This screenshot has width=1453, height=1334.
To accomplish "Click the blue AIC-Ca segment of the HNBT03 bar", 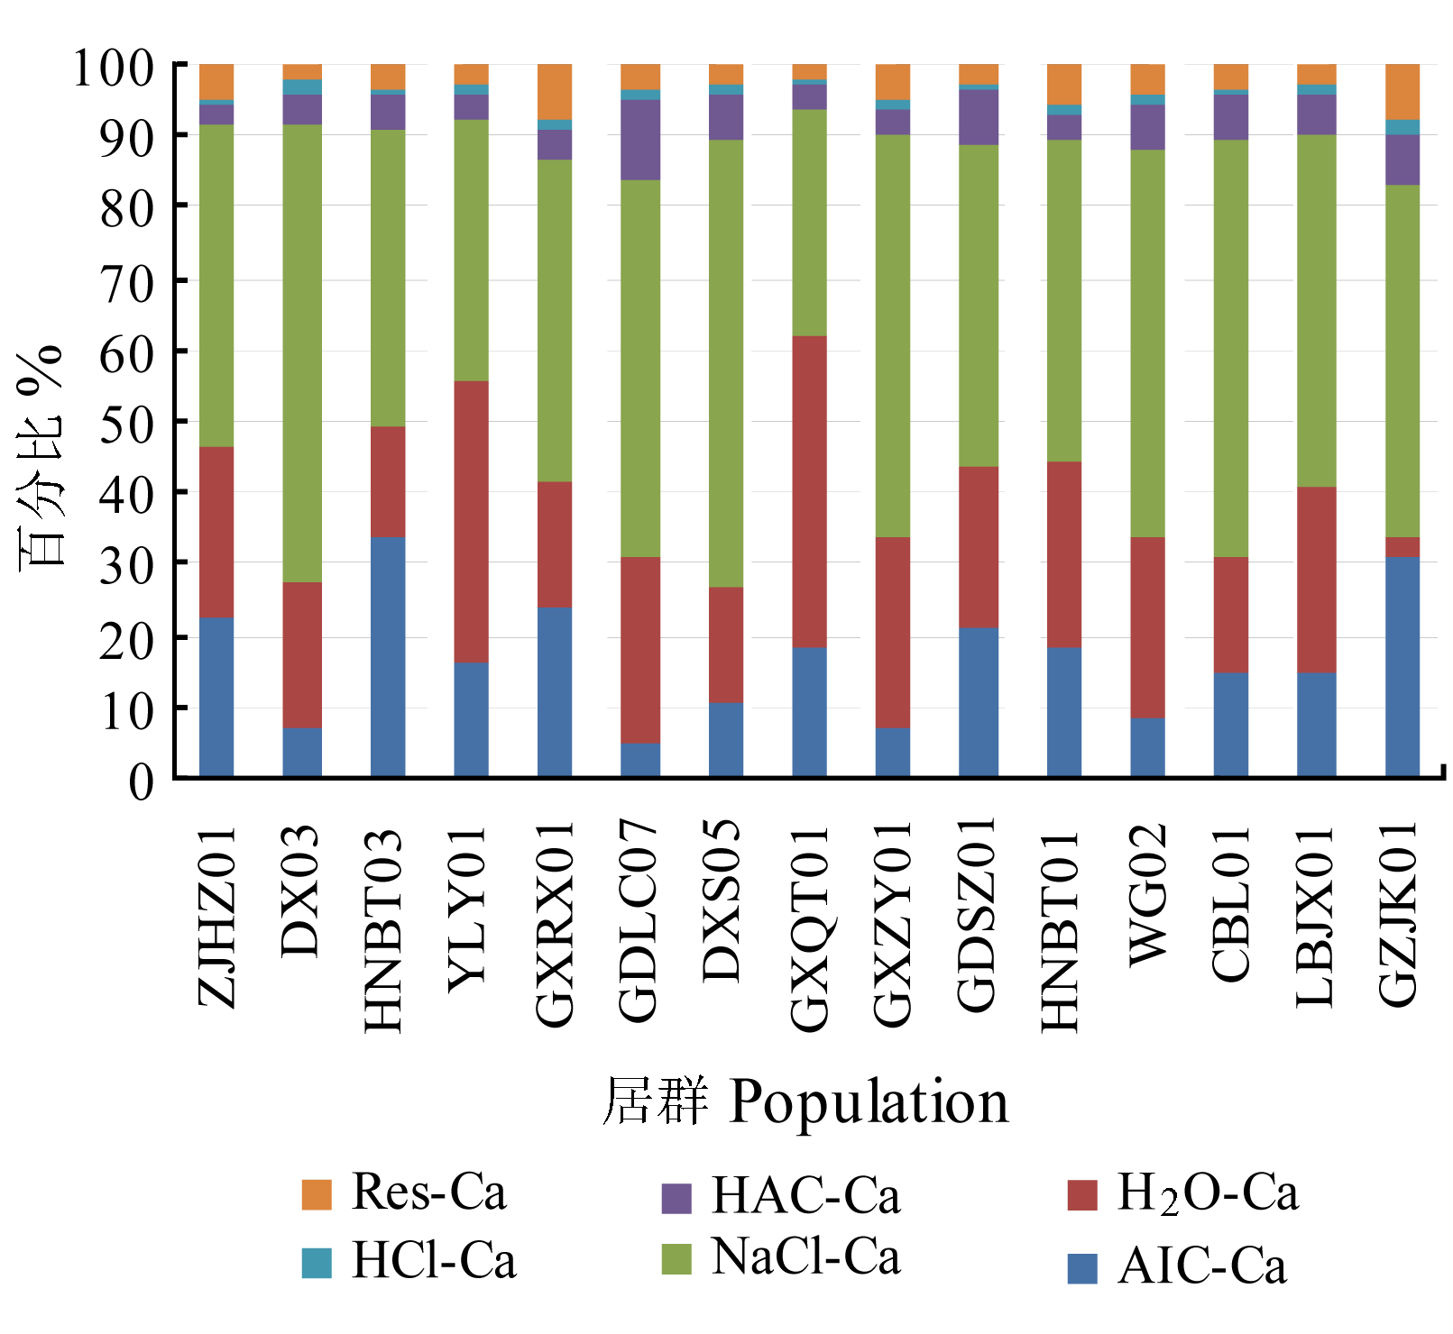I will [388, 656].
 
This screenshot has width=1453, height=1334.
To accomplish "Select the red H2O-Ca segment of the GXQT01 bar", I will [809, 491].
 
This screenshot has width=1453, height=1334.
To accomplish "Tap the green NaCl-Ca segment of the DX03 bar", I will [302, 353].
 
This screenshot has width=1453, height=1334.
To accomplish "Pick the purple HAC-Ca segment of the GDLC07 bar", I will [640, 140].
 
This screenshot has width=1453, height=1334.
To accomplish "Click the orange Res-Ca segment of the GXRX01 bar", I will [555, 91].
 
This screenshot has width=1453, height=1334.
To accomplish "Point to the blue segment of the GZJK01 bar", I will [1402, 666].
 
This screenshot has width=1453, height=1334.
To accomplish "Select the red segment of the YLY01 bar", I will [471, 522].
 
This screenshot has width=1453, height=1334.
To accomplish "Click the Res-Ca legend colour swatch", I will [317, 1194].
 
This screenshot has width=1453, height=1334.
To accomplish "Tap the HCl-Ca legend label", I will [434, 1260].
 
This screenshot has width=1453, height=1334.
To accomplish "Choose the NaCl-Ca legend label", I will [805, 1256].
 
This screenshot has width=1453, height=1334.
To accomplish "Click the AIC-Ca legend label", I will [1202, 1265].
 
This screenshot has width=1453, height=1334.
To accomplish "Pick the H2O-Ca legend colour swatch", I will [1081, 1195].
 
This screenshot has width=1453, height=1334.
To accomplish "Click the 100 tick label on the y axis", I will [113, 68].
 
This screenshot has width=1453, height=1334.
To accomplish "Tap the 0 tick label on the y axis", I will [141, 781].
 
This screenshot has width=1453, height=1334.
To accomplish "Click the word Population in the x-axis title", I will [869, 1101].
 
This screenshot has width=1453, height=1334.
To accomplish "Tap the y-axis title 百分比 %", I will [41, 455].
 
